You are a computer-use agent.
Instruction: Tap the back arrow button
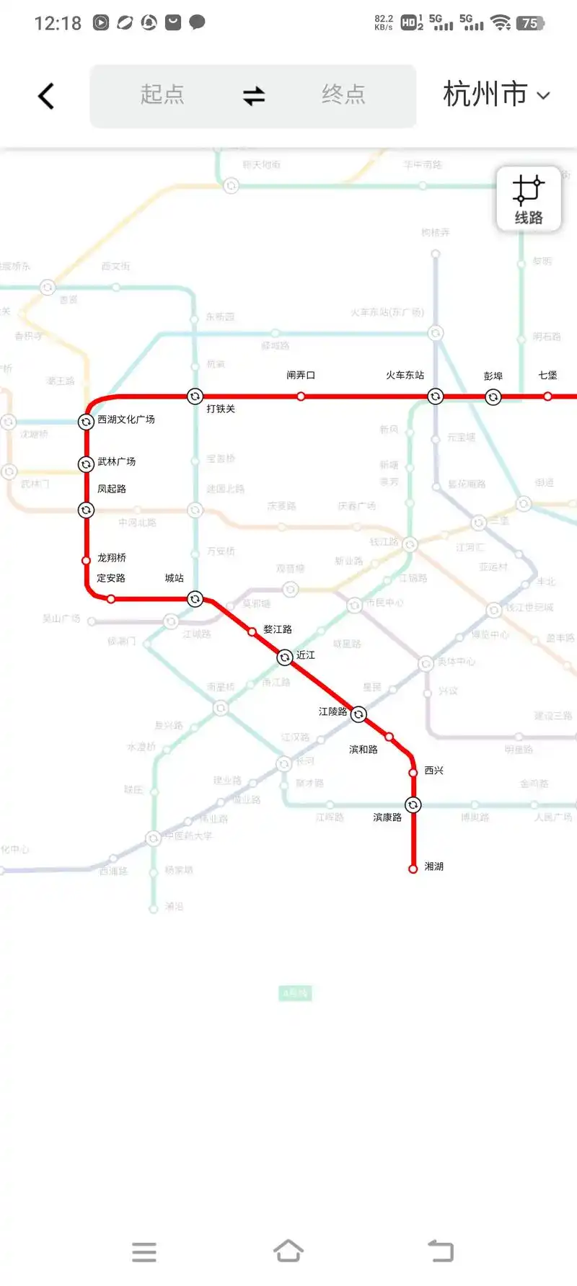46,96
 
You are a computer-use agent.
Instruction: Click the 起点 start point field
162,95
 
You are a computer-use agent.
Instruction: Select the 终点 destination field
343,95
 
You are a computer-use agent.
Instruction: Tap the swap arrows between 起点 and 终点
254,95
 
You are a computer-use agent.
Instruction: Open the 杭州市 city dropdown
496,95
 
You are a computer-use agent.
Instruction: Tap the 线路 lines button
528,199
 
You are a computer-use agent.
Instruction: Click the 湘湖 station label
433,866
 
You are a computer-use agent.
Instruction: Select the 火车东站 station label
405,376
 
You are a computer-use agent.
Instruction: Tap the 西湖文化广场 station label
126,420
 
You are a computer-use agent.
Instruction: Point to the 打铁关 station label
221,409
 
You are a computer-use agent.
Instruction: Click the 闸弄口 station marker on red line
301,396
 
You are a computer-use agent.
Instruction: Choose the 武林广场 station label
116,462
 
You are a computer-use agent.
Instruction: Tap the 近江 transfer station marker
285,657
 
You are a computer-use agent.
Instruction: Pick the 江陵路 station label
332,711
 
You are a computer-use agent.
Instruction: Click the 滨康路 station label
387,817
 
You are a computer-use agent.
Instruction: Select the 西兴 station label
433,771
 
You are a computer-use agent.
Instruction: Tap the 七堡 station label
547,376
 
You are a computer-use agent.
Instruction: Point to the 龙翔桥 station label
112,558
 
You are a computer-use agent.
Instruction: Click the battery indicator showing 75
529,23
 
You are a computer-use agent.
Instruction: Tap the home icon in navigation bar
288,1251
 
